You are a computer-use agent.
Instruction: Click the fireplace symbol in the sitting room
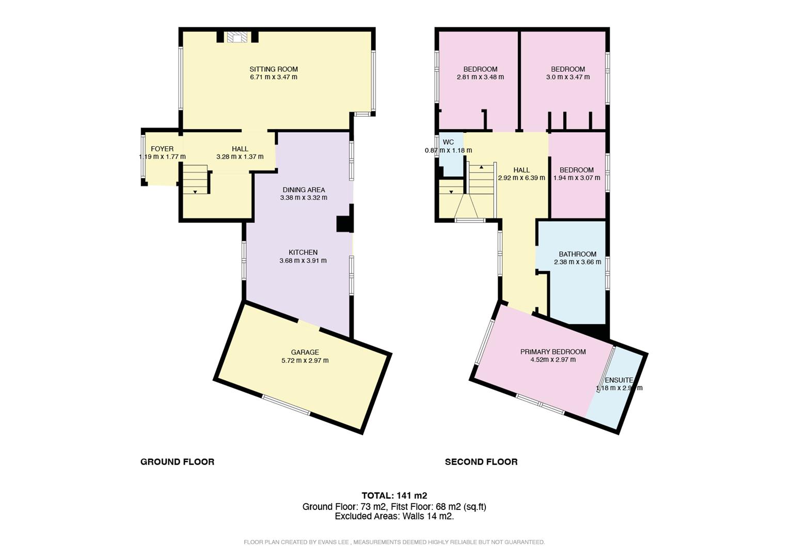click(238, 37)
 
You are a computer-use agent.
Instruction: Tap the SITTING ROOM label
click(274, 69)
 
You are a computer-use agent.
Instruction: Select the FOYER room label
click(162, 149)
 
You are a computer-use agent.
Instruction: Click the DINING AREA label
click(304, 190)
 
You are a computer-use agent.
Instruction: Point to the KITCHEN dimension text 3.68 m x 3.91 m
click(303, 260)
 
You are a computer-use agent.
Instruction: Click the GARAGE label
click(305, 352)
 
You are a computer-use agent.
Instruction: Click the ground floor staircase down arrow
click(195, 192)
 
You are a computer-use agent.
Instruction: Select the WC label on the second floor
click(448, 142)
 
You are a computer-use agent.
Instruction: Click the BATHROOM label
click(577, 254)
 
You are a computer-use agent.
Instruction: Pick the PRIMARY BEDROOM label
click(553, 352)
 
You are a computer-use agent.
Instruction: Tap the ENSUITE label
click(619, 380)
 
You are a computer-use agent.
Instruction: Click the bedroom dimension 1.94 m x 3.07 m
click(577, 178)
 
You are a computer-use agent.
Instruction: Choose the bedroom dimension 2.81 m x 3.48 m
click(480, 77)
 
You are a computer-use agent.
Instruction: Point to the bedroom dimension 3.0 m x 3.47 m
click(568, 77)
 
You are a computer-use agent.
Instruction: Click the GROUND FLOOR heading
click(177, 462)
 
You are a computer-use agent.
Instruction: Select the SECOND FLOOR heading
click(481, 462)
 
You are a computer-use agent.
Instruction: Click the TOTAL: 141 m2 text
click(394, 495)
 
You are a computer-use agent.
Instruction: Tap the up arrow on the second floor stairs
click(481, 167)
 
